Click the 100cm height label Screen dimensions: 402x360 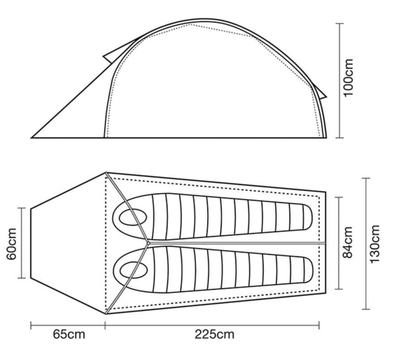[x=349, y=78]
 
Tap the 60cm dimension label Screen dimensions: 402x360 [x=12, y=244]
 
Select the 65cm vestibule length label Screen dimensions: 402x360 [x=69, y=334]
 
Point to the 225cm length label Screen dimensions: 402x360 [x=214, y=334]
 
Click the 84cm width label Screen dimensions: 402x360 [x=348, y=242]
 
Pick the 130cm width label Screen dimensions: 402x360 [x=375, y=244]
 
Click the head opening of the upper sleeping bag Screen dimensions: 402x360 [x=133, y=217]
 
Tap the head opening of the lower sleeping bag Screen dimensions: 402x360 [x=134, y=270]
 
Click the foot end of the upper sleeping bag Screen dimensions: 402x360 [x=307, y=217]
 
